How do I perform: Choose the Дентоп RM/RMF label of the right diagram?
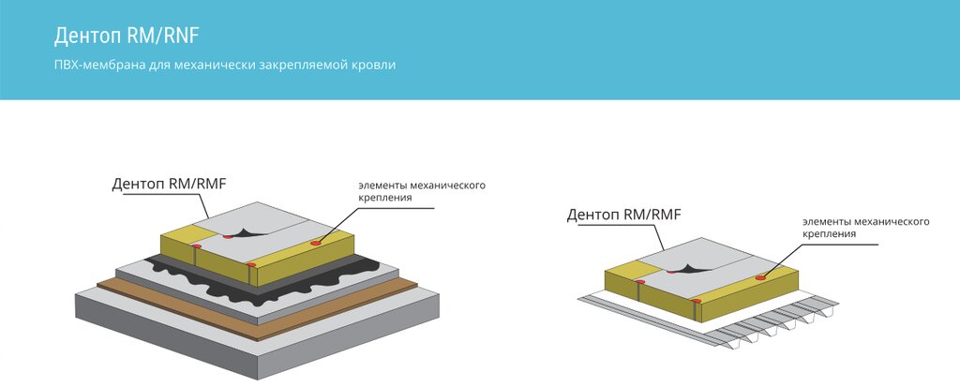tap(624, 215)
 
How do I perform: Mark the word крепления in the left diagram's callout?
tap(383, 199)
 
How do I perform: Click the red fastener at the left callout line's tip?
tap(315, 244)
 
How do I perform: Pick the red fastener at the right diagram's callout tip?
tap(760, 276)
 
